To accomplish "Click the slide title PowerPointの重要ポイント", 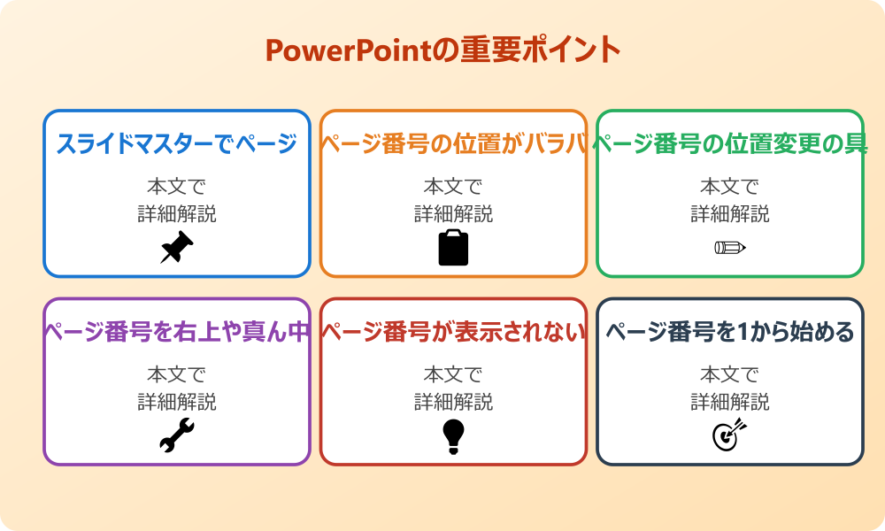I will tap(442, 50).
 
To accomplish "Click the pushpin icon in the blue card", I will tap(176, 248).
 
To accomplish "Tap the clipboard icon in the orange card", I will tap(453, 248).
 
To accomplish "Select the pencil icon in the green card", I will tap(730, 248).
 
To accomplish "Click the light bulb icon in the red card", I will tap(453, 436).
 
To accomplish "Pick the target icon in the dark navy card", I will tap(730, 435).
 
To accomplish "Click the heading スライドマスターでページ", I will tap(176, 144).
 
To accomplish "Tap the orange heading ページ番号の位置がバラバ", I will tap(453, 144).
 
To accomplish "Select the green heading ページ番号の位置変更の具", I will tap(730, 144).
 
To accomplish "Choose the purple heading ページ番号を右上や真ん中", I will tap(176, 333).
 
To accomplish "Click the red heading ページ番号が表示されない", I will tap(453, 333).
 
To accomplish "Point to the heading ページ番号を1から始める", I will tap(730, 333).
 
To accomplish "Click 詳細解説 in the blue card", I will tap(176, 213).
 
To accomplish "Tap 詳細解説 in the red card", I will tap(453, 402).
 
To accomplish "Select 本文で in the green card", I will tap(730, 187).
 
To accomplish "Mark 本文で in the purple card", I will tap(176, 375).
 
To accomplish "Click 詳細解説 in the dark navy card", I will tap(730, 402).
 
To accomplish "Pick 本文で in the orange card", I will tap(453, 187).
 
